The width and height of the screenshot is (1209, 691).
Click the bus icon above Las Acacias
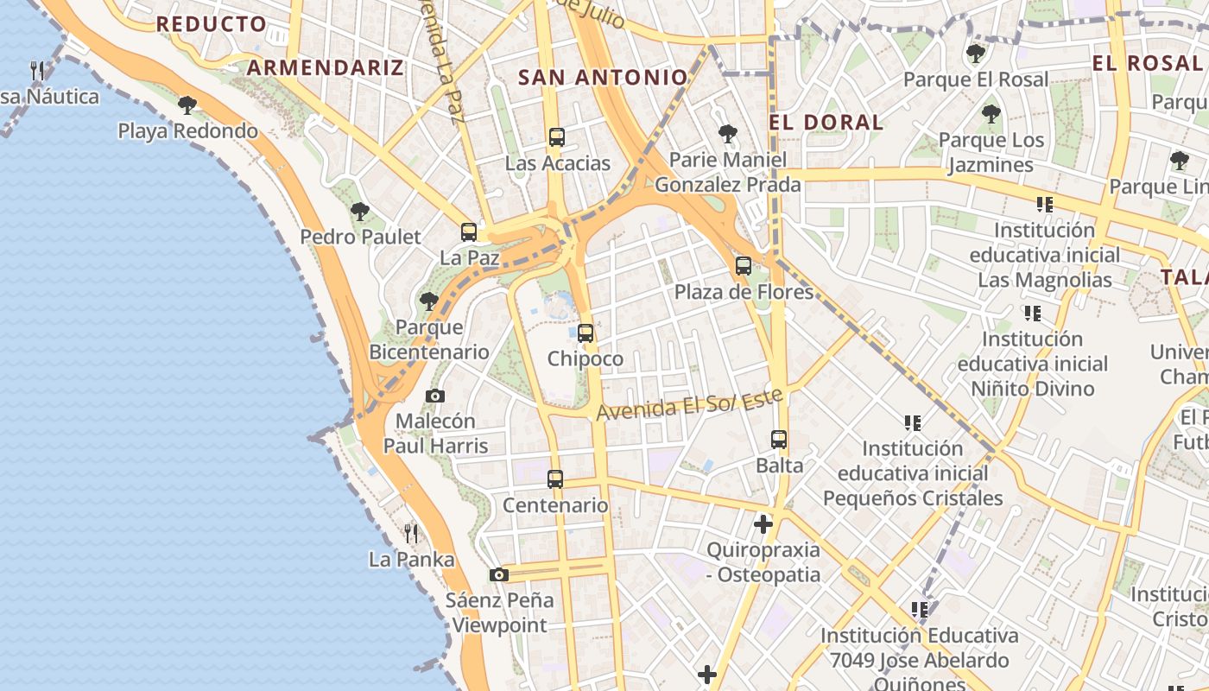557,136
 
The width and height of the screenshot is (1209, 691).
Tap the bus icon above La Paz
469,231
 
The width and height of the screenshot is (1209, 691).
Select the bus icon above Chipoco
586,333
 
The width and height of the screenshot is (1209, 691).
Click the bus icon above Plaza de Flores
744,266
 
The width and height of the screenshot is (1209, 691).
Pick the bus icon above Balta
779,440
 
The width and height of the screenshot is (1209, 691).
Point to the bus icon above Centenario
555,479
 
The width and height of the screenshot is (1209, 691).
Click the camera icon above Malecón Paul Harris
435,396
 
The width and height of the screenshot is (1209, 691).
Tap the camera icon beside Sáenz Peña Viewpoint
498,574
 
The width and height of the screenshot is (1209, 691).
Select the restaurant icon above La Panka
411,533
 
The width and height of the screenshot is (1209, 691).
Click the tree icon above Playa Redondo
187,105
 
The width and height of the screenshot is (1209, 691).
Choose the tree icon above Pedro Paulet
360,211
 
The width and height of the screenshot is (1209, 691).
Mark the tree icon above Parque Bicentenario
428,301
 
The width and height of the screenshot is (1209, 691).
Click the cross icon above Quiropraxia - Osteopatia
763,523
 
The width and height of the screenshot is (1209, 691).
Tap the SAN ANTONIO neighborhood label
603,77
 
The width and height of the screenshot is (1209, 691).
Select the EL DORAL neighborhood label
826,122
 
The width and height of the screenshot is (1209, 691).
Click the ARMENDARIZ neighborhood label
326,67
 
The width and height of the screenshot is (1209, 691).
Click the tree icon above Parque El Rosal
976,54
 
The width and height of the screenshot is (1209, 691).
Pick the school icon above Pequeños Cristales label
913,422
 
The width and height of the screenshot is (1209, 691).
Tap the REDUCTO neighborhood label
211,23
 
